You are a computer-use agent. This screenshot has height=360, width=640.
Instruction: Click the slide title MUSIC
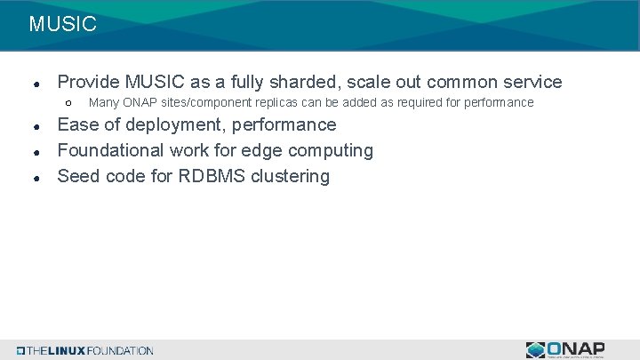tap(62, 24)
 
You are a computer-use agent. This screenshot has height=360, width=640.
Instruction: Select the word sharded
tap(305, 82)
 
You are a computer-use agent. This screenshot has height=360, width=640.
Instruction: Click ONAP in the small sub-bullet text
tap(140, 103)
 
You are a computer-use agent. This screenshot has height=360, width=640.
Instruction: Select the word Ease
tap(78, 124)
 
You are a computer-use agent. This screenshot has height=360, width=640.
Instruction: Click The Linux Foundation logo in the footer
tap(85, 350)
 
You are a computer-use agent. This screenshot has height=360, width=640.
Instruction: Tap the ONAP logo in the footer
tap(565, 349)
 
